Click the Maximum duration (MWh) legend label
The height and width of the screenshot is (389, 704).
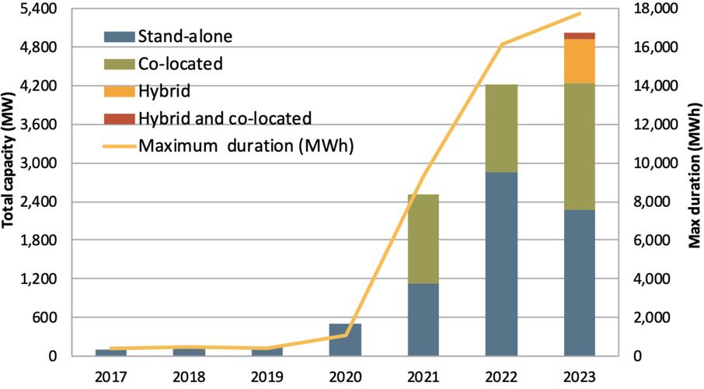click(246, 145)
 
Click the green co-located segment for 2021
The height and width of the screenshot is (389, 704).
click(423, 239)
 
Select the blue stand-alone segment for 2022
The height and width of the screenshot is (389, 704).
click(501, 264)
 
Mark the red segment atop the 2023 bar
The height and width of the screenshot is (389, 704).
click(579, 35)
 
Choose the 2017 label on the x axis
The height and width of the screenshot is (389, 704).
click(111, 377)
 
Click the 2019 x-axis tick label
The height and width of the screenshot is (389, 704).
click(267, 377)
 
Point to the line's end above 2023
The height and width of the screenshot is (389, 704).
click(580, 13)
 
